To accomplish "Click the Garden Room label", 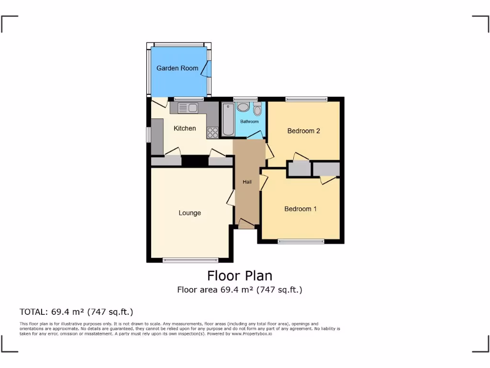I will [177, 68].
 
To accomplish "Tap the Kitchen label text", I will [184, 128].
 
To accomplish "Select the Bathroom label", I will [249, 122].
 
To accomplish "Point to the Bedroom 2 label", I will [303, 131].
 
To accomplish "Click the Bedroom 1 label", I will [301, 209].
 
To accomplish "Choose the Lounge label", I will [189, 213].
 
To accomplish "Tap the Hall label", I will [247, 182].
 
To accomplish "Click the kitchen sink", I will [188, 108].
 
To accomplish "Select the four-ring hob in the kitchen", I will [212, 132].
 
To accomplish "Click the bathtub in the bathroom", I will [227, 120].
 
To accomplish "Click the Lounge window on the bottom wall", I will [190, 261].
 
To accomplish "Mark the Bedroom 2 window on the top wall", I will [306, 99].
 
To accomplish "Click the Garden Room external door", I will [205, 69].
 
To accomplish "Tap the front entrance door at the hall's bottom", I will [246, 223].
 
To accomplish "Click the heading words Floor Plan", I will [239, 276].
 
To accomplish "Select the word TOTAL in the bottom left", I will [33, 312].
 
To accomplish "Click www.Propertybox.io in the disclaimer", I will [252, 333].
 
